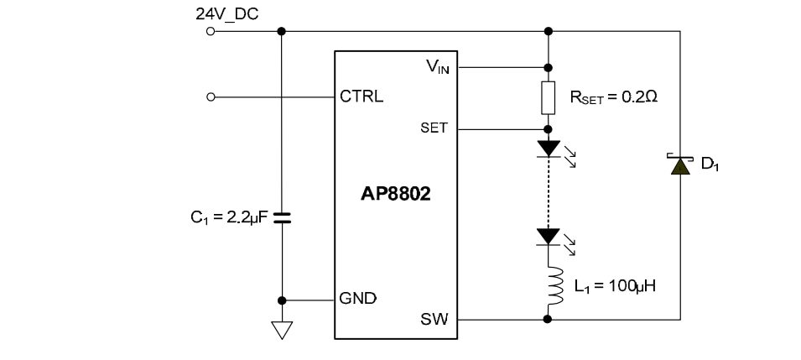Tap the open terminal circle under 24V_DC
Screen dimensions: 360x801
coord(210,31)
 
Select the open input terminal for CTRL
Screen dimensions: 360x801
coord(210,97)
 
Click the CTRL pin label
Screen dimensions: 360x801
coord(361,97)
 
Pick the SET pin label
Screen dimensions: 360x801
coord(434,128)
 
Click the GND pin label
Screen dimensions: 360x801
coord(358,299)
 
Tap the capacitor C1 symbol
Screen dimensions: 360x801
coord(282,217)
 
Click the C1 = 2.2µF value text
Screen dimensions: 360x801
coord(228,217)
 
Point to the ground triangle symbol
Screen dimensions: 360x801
coord(282,330)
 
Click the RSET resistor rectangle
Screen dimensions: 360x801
coord(548,98)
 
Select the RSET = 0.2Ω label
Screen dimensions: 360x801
coord(613,97)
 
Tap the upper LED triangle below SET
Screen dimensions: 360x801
coord(548,149)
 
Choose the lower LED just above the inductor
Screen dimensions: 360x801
coord(548,237)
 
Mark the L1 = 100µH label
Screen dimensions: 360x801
coord(614,285)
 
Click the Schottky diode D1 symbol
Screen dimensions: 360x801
coord(679,164)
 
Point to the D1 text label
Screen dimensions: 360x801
coord(710,164)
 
